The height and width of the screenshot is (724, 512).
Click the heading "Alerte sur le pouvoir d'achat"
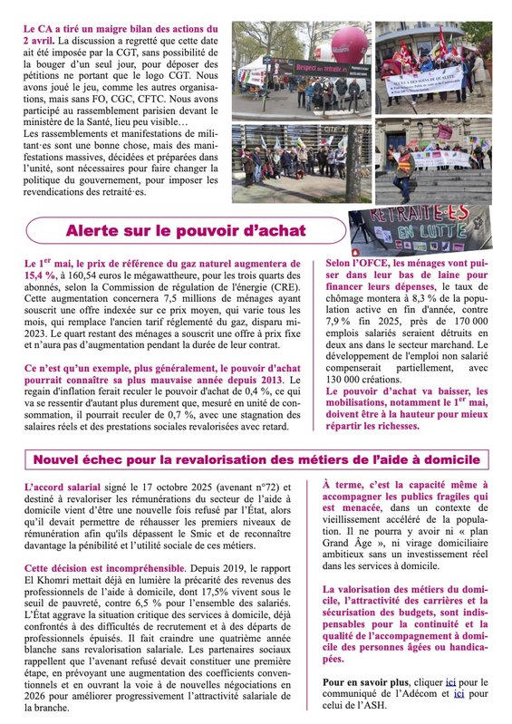pyautogui.click(x=186, y=230)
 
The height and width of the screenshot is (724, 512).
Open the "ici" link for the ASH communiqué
pyautogui.click(x=459, y=693)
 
